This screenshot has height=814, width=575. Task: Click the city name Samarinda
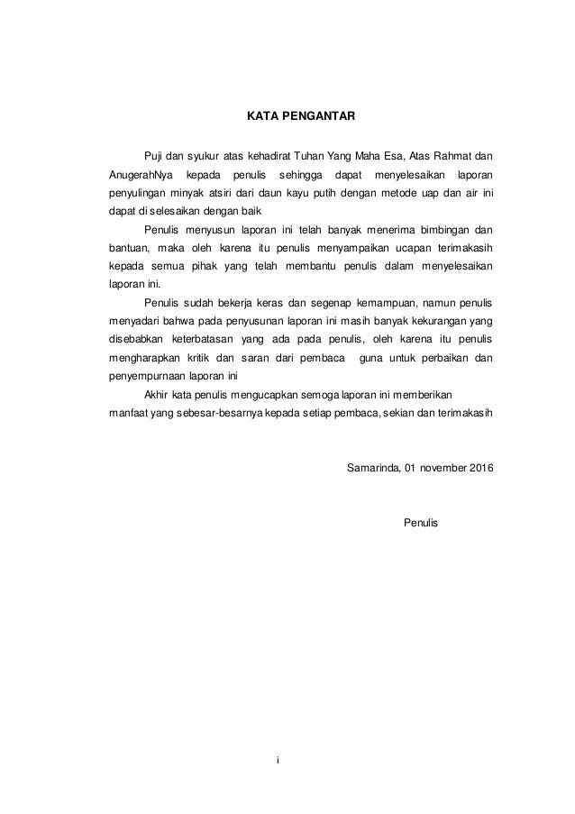pyautogui.click(x=373, y=469)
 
